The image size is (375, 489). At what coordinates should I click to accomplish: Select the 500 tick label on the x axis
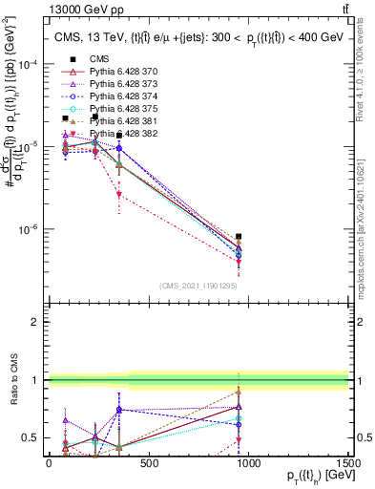point(149,462)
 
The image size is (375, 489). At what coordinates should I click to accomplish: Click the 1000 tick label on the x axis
point(249,462)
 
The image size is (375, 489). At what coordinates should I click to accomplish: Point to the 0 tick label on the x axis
point(50,462)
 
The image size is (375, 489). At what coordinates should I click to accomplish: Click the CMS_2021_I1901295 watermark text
point(198,286)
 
